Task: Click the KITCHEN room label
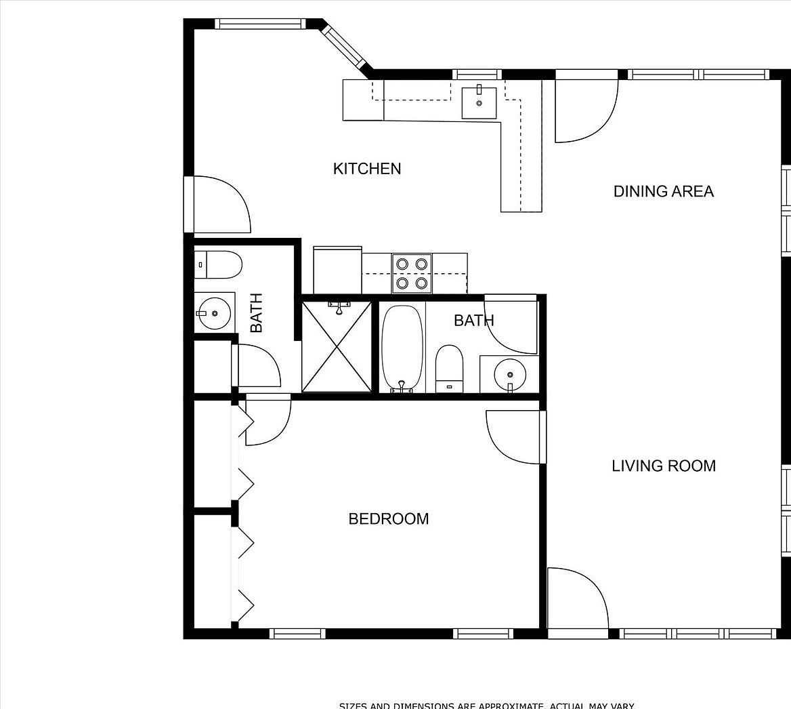pyautogui.click(x=366, y=168)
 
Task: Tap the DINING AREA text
pyautogui.click(x=663, y=191)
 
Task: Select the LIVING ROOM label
pyautogui.click(x=663, y=466)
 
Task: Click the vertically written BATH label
pyautogui.click(x=256, y=312)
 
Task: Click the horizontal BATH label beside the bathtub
pyautogui.click(x=473, y=320)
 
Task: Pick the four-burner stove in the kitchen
pyautogui.click(x=412, y=273)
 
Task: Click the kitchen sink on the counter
pyautogui.click(x=479, y=102)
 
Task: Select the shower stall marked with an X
pyautogui.click(x=337, y=346)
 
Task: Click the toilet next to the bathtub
pyautogui.click(x=448, y=369)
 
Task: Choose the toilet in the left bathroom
pyautogui.click(x=218, y=265)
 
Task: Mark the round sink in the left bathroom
pyautogui.click(x=215, y=313)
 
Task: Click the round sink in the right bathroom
pyautogui.click(x=509, y=373)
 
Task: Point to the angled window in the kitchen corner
pyautogui.click(x=346, y=47)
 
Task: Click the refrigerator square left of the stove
pyautogui.click(x=337, y=270)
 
